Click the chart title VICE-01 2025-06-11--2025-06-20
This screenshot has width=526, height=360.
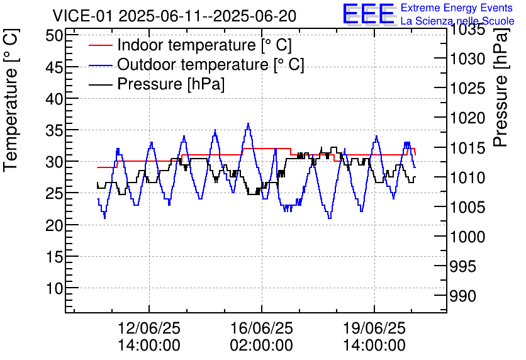point(174,16)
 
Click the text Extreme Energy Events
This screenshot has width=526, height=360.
point(456,8)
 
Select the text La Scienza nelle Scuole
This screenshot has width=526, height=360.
point(457,21)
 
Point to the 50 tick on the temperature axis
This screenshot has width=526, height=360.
point(54,35)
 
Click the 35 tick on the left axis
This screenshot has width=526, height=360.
point(54,130)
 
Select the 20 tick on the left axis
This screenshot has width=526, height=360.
point(54,225)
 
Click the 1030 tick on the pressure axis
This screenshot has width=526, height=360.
point(467,59)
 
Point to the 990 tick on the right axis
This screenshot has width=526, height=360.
point(467,296)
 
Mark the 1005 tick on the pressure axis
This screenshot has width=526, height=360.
point(467,208)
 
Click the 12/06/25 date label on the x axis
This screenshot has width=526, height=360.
point(149,329)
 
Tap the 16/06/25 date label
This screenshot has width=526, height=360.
point(262,329)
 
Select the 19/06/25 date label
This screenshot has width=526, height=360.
point(374,329)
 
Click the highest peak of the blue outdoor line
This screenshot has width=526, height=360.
point(249,124)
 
